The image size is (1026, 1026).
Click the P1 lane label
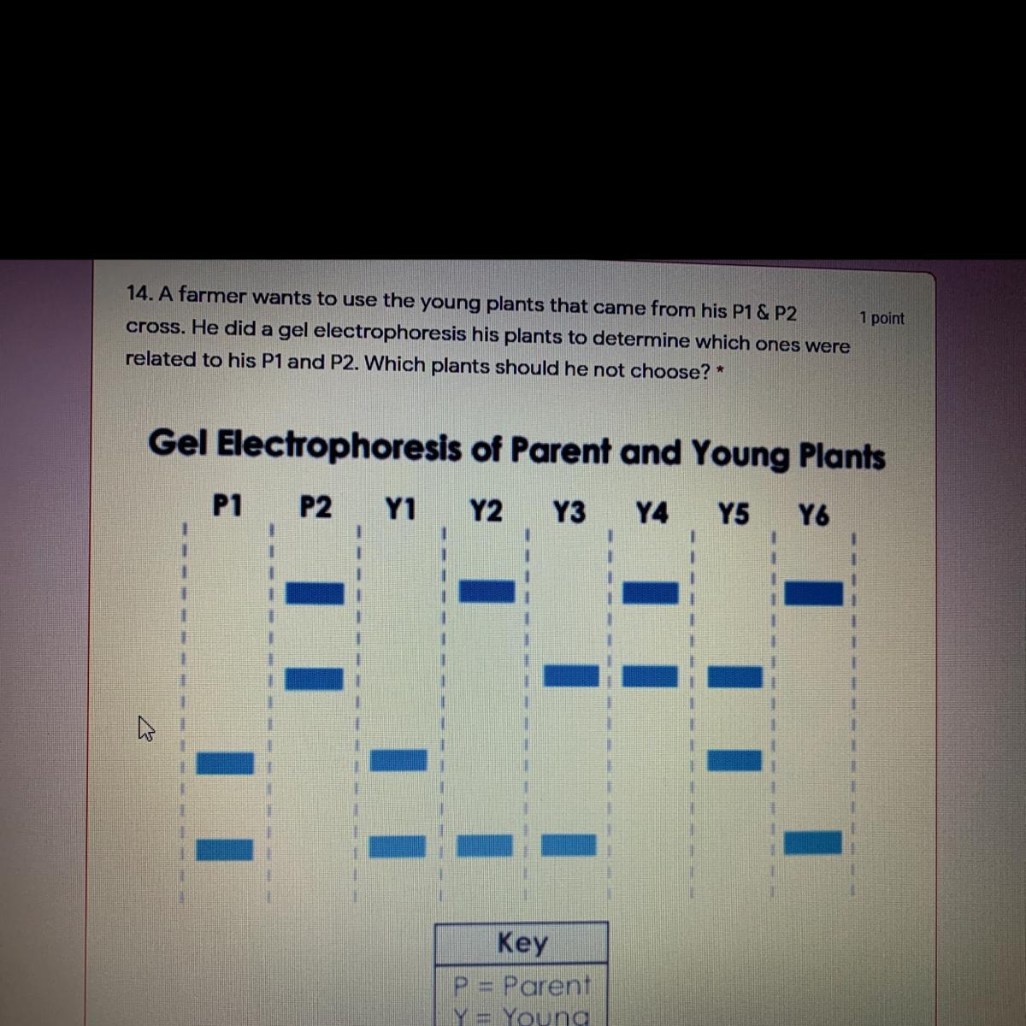pyautogui.click(x=227, y=506)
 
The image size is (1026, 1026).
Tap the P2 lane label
pyautogui.click(x=315, y=508)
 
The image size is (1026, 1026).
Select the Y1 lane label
pyautogui.click(x=400, y=510)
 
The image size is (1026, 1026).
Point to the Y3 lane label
pyautogui.click(x=569, y=512)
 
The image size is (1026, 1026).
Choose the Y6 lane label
pyautogui.click(x=813, y=516)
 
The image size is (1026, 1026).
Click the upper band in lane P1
pyautogui.click(x=226, y=762)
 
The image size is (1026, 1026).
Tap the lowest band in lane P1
pyautogui.click(x=226, y=849)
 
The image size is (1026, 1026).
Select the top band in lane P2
pyautogui.click(x=315, y=593)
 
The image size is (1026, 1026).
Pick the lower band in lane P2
pyautogui.click(x=314, y=679)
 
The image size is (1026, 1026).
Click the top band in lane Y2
pyautogui.click(x=487, y=591)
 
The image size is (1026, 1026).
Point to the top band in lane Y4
pyautogui.click(x=650, y=593)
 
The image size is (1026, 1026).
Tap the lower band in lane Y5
pyautogui.click(x=734, y=759)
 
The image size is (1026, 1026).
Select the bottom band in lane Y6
pyautogui.click(x=812, y=843)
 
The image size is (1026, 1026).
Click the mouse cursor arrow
pyautogui.click(x=145, y=728)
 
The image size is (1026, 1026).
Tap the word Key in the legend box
pyautogui.click(x=522, y=942)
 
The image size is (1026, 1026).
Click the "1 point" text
pyautogui.click(x=882, y=318)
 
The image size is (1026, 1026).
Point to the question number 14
pyautogui.click(x=139, y=293)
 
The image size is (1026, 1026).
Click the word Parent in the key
pyautogui.click(x=546, y=986)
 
